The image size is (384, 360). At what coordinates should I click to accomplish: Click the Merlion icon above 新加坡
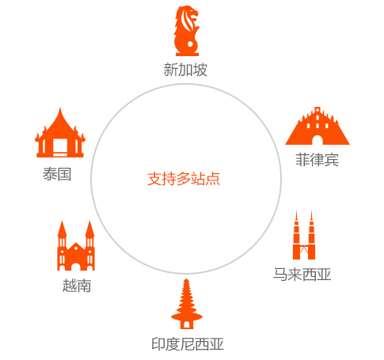pos(187,31)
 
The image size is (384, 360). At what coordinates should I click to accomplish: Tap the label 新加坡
pos(185,70)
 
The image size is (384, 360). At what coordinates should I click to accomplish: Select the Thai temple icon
pos(60,133)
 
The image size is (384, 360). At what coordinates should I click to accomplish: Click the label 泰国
pos(57,174)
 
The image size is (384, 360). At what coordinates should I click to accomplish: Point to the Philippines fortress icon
pos(317,126)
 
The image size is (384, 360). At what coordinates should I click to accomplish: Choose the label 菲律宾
pos(317,160)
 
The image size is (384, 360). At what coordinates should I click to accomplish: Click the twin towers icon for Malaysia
pos(304,234)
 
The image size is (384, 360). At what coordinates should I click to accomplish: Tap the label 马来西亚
pos(302,275)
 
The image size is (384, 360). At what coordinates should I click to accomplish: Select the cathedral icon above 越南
pos(76,245)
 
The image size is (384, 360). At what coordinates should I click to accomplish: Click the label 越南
pos(77,286)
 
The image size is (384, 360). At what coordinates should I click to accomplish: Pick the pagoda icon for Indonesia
pos(187,304)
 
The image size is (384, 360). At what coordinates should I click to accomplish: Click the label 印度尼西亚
pos(188,344)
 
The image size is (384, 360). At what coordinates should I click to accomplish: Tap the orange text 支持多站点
pos(184,179)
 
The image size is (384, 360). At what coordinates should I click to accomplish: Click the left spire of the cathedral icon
pos(62,229)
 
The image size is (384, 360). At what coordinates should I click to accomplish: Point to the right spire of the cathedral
pos(89,229)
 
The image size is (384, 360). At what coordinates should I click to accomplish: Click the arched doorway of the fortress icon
pos(317,140)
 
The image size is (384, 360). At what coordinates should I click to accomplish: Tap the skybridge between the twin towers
pos(304,247)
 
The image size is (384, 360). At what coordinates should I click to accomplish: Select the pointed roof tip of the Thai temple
pos(60,108)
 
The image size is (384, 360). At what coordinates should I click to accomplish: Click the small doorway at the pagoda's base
pos(187,325)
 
